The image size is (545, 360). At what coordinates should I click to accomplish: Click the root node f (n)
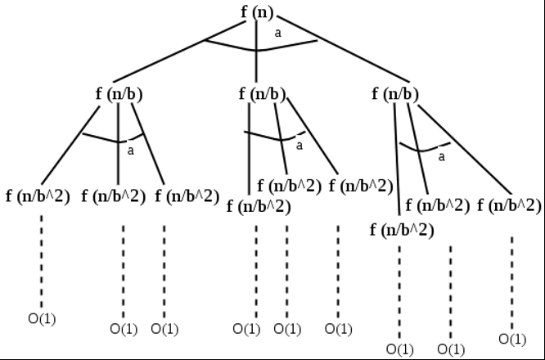257,11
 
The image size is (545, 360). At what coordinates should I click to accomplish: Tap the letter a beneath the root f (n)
277,34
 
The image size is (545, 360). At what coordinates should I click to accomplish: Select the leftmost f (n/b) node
119,93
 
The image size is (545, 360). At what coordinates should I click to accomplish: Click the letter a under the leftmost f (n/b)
131,150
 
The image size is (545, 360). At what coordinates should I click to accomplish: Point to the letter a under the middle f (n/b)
299,146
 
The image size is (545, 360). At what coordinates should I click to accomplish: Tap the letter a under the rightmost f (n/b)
442,156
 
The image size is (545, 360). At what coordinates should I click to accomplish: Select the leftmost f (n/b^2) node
38,196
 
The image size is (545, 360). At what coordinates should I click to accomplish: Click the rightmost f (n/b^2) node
509,205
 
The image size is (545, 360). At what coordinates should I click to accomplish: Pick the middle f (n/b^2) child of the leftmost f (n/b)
114,196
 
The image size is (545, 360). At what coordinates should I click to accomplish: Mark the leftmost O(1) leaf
42,318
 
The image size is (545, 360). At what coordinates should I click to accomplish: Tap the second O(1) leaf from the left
124,329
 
